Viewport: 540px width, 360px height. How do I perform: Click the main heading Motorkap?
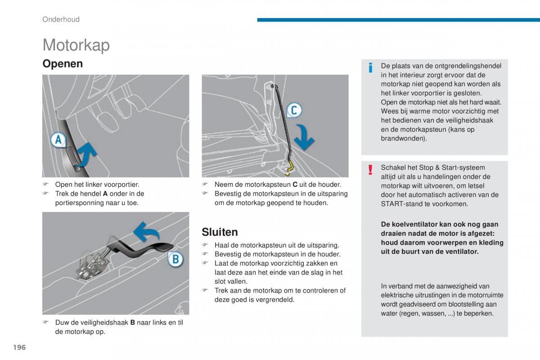click(76, 45)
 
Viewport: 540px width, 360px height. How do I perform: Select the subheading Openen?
click(63, 64)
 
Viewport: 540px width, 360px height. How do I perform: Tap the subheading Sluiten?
click(220, 232)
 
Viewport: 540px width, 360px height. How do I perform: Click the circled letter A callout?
click(58, 141)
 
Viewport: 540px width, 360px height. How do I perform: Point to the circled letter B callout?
click(175, 260)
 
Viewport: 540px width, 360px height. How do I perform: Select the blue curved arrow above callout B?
click(147, 231)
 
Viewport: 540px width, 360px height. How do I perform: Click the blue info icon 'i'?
click(370, 68)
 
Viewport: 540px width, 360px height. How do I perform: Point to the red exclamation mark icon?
click(370, 170)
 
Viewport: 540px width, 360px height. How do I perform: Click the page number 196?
click(19, 347)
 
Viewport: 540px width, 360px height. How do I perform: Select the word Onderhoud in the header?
click(61, 19)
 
